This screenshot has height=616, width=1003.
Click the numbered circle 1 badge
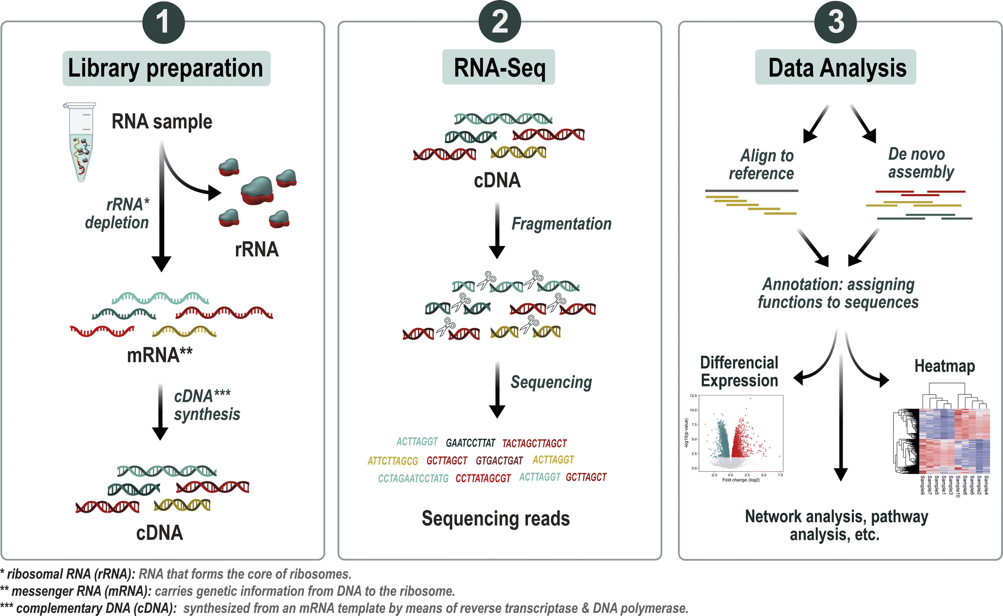click(x=163, y=22)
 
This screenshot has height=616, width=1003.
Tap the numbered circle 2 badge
click(x=500, y=22)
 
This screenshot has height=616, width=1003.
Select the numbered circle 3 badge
click(x=836, y=22)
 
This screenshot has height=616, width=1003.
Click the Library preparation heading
click(x=166, y=68)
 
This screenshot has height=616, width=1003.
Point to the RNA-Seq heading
click(x=499, y=68)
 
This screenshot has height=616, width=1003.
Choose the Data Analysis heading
click(x=836, y=68)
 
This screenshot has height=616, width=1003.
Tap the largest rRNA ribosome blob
click(x=257, y=190)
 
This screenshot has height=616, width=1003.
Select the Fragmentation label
click(x=561, y=224)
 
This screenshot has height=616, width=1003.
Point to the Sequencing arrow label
click(x=551, y=382)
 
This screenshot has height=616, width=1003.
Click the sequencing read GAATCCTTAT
click(x=470, y=443)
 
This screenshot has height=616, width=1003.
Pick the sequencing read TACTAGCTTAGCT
click(x=535, y=443)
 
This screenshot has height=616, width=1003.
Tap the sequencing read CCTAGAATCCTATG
click(x=413, y=478)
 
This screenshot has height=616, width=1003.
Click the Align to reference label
click(x=762, y=164)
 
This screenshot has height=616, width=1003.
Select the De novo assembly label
click(x=920, y=163)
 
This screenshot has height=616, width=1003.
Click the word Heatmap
click(x=944, y=366)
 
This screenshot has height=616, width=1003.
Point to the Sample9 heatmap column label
click(x=923, y=485)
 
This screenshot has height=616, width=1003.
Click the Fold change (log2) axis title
click(x=741, y=480)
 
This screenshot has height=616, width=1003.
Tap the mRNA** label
click(x=159, y=355)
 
